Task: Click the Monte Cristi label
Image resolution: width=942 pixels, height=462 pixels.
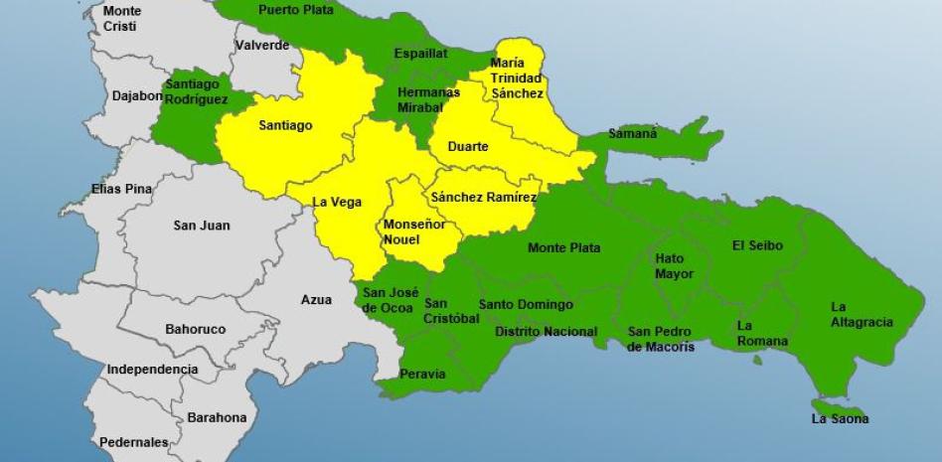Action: (x=122, y=19)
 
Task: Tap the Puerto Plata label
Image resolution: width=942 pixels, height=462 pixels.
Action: (x=294, y=9)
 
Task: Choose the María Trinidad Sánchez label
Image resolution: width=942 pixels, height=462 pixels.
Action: (x=517, y=78)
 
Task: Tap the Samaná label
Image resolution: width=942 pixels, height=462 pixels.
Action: (x=632, y=133)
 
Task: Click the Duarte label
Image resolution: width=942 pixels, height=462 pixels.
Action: (x=468, y=147)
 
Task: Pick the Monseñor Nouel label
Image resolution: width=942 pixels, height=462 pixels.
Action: (x=408, y=232)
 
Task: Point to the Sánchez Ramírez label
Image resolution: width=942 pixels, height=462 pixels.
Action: (x=484, y=198)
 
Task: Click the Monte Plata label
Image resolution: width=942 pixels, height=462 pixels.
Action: (x=563, y=247)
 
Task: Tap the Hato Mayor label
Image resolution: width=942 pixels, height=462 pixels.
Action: (x=675, y=266)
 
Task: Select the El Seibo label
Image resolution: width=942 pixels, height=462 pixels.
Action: (x=757, y=245)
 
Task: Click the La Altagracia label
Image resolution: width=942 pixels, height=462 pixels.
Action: (x=862, y=314)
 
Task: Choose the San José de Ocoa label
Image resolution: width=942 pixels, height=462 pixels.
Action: (x=388, y=299)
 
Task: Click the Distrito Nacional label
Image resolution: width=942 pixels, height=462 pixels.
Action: (x=546, y=332)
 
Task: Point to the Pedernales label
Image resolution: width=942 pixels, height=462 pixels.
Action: (x=133, y=442)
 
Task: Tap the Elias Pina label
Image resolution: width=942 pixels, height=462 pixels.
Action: (x=121, y=188)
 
